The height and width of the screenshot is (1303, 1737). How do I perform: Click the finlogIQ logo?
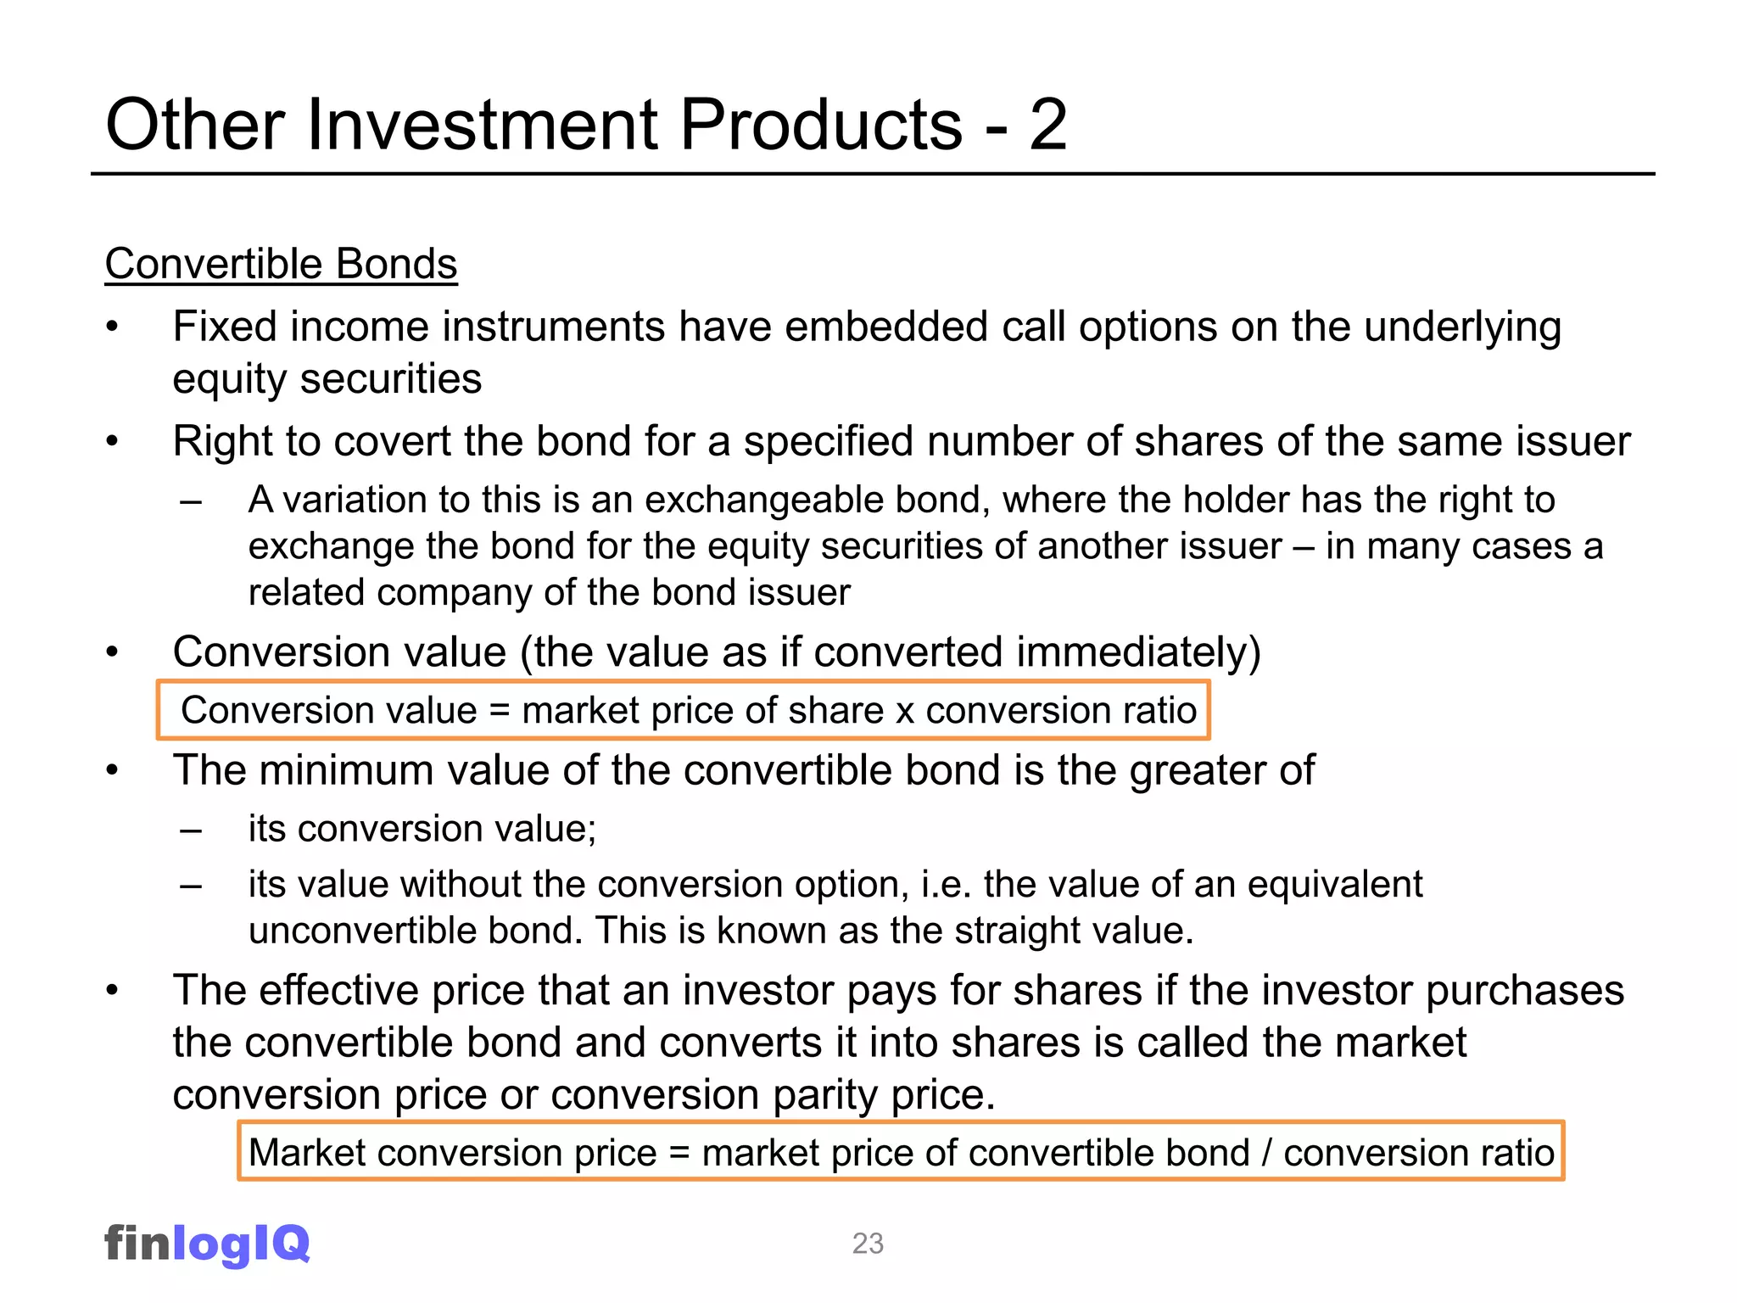207,1244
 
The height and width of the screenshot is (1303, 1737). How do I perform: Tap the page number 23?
868,1244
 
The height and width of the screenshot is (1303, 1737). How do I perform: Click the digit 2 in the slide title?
1047,126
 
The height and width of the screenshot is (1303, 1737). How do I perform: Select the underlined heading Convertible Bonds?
281,264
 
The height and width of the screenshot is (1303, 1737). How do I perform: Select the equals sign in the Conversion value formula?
500,711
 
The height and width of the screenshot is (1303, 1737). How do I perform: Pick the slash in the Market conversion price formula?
1266,1154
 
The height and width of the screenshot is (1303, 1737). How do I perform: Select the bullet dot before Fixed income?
113,328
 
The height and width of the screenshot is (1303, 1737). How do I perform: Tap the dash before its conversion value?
191,830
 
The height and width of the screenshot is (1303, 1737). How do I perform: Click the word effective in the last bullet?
338,991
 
